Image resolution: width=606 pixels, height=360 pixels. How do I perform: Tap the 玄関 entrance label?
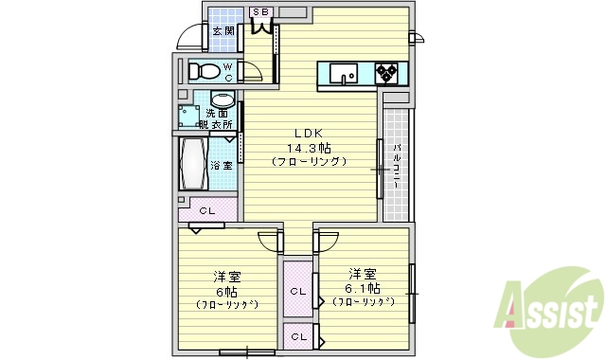(x=223, y=31)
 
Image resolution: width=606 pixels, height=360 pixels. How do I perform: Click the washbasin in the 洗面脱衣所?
(x=223, y=100)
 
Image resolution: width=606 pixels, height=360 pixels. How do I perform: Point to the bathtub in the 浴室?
(x=193, y=164)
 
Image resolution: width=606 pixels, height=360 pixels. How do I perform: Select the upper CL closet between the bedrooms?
(x=298, y=291)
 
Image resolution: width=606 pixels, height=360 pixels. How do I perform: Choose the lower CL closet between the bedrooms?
(x=298, y=336)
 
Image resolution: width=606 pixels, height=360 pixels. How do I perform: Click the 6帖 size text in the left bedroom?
(x=227, y=290)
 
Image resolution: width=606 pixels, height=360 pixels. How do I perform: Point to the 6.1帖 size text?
(x=363, y=287)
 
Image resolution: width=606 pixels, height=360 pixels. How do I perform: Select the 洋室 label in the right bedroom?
(x=363, y=271)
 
